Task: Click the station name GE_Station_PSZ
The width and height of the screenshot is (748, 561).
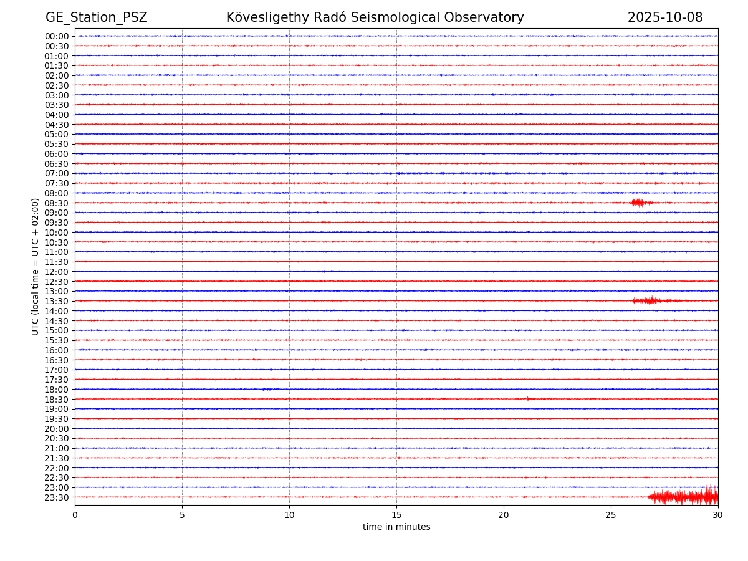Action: [x=96, y=18]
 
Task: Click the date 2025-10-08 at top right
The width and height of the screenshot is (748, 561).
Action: [x=664, y=18]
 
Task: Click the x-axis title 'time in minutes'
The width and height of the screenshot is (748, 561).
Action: [x=396, y=527]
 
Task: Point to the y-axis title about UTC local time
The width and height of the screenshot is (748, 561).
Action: [x=36, y=266]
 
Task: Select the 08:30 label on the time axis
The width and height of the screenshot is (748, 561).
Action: [x=57, y=203]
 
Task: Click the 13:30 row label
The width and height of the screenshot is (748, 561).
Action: [x=57, y=301]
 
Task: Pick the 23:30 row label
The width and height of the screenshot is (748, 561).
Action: [x=57, y=497]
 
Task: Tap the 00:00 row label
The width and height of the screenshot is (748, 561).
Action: [x=57, y=36]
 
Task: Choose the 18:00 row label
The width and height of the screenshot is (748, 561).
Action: [x=57, y=390]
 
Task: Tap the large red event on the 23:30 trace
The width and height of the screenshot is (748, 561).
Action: [x=686, y=496]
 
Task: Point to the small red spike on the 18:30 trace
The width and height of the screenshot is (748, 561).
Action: [x=528, y=398]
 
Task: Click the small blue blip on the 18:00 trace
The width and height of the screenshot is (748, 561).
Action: [x=266, y=389]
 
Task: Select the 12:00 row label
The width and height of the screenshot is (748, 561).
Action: [x=57, y=272]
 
